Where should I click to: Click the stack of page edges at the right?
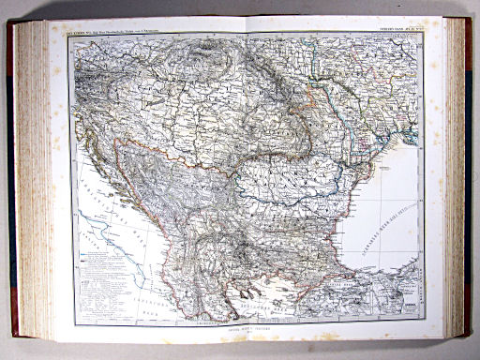457,178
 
